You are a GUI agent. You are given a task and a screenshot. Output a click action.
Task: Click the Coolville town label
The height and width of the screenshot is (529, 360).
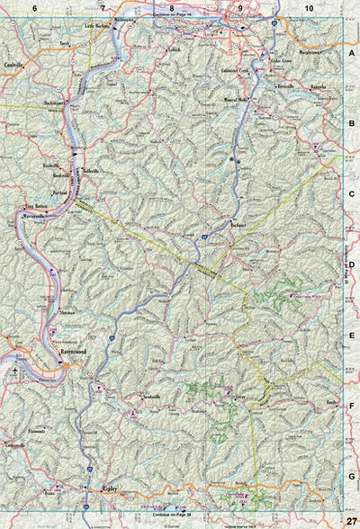13,66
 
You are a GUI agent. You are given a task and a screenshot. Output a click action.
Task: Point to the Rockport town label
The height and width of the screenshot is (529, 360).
238,220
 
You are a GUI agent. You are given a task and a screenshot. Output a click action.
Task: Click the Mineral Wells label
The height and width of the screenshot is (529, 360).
237,101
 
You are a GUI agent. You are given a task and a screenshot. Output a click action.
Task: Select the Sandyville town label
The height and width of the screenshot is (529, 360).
146,397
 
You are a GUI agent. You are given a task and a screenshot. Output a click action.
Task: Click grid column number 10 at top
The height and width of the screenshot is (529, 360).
309,7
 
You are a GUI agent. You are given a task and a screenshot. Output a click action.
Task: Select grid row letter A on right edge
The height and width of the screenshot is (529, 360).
352,53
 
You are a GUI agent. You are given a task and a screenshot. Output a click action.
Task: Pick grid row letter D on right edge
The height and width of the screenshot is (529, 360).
352,264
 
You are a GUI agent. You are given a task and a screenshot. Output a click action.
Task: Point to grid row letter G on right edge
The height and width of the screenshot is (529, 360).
352,476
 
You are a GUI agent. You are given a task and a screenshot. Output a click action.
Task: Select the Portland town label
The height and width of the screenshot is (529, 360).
60,192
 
